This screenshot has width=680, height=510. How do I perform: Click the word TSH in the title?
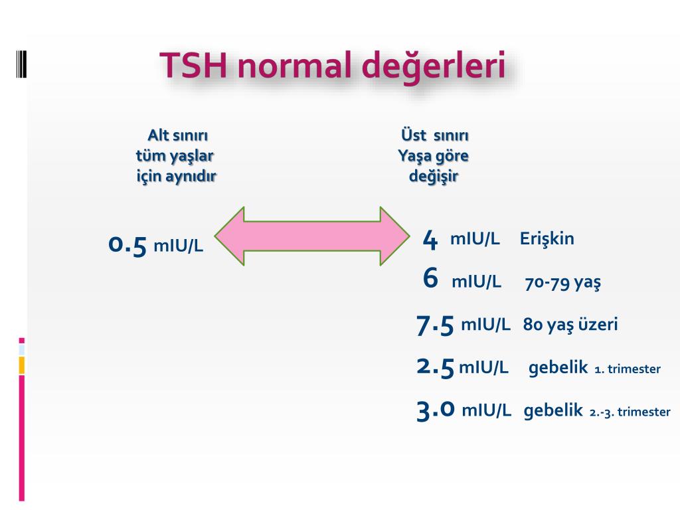tap(193, 65)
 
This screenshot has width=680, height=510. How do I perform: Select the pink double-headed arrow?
tap(312, 236)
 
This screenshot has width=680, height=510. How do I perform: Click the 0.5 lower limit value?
tap(127, 245)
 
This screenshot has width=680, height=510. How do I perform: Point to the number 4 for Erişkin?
tap(430, 239)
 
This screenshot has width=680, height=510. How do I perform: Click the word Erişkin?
tap(547, 238)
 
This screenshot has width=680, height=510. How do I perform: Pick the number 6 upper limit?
tap(430, 278)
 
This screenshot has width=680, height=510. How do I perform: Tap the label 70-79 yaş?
tap(563, 283)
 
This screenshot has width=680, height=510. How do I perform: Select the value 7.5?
tap(435, 325)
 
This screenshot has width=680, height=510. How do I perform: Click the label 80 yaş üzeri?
tap(570, 324)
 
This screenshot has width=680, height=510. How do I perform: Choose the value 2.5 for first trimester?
tap(435, 367)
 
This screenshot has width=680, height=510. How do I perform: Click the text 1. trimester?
tap(628, 369)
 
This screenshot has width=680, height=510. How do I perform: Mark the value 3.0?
tap(436, 410)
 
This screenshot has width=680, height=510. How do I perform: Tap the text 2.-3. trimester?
tap(630, 412)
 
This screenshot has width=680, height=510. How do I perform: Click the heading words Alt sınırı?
tap(177, 135)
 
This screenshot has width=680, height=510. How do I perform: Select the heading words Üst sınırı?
tap(434, 135)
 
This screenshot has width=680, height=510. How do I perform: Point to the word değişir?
tap(434, 177)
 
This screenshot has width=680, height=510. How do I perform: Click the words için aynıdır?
tap(176, 177)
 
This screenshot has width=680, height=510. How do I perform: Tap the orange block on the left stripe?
tap(22, 365)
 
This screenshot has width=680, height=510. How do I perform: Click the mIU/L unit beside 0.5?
tap(178, 246)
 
